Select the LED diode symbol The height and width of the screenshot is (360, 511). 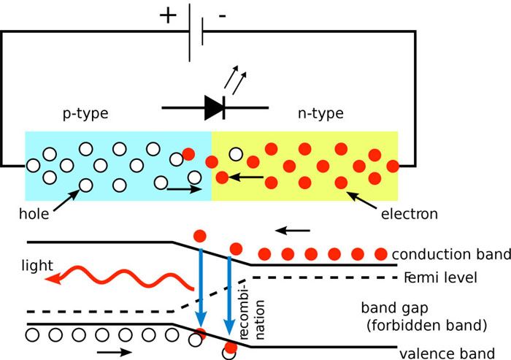215,107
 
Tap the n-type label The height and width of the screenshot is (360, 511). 321,114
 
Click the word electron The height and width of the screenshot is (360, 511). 409,214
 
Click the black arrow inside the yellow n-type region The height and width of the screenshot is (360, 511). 248,177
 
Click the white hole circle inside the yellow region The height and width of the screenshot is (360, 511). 236,154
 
